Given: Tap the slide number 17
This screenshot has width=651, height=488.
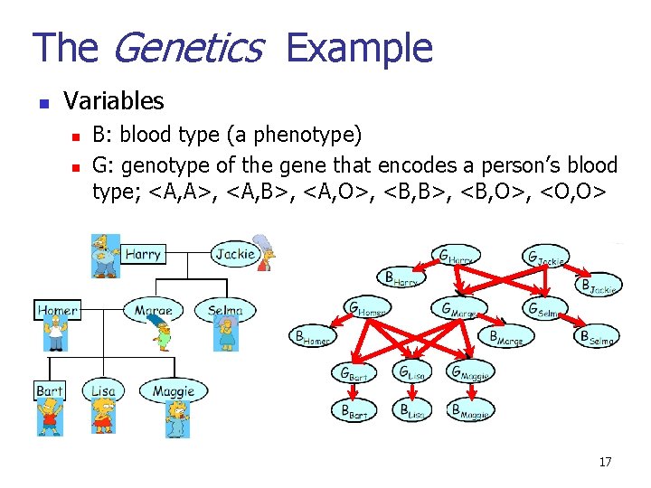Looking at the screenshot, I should coord(605,462).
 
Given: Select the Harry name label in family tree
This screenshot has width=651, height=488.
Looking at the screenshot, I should coord(142,254).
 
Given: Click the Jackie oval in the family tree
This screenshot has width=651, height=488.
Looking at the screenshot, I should coord(235,254).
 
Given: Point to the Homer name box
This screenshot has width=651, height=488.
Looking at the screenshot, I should coord(57,310).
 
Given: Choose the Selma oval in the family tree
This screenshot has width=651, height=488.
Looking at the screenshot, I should coord(224,310).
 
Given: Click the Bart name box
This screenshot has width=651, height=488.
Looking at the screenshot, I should coord(49,391).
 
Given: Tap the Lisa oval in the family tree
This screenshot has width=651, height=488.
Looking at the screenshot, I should coord(103,391).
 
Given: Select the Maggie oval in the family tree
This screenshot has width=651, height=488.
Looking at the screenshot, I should coord(173,391).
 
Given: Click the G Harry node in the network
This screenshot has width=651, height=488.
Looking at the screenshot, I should coord(455,256).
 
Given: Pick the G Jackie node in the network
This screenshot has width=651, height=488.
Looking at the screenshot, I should coord(546,257).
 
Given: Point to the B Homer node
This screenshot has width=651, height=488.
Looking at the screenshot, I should coord(312,337).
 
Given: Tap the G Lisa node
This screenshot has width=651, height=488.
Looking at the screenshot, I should coord(415,371).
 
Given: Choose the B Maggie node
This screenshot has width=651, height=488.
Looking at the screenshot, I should coord(470,410).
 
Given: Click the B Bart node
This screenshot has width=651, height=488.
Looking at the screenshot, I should coord(354,410).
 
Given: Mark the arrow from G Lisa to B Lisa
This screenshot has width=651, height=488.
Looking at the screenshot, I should coord(414,390).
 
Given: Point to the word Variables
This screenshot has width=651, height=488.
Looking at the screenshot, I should coord(114,100).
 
